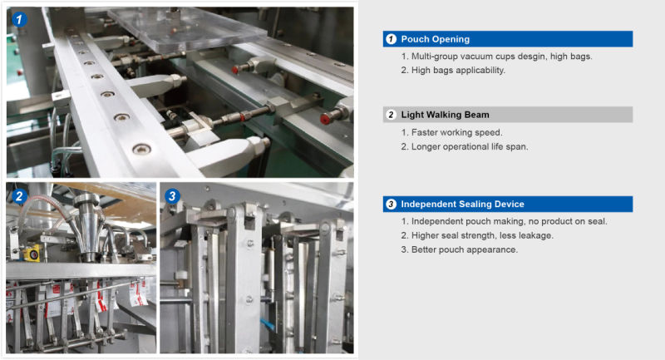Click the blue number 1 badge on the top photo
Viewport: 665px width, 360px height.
(x=19, y=19)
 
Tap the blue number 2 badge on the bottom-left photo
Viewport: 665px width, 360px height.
(x=19, y=196)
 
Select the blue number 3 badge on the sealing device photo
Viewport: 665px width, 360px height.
(x=172, y=196)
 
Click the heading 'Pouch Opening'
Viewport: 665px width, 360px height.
(x=435, y=39)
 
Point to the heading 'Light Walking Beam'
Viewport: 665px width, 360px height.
(x=445, y=115)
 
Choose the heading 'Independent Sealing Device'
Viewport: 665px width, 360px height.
(x=462, y=204)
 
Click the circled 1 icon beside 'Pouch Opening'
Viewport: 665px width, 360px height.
(x=391, y=39)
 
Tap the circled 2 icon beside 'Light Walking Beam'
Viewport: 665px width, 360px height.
(x=391, y=115)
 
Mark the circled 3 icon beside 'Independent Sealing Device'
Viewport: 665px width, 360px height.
(x=391, y=204)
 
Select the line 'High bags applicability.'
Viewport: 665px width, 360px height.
(x=453, y=71)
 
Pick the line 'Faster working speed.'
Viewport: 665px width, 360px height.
(x=451, y=132)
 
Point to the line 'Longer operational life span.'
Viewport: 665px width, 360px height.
(x=465, y=146)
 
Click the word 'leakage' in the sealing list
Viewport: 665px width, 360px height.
(x=537, y=236)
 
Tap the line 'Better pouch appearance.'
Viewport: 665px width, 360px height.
(x=460, y=249)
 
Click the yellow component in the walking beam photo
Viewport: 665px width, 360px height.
(x=32, y=253)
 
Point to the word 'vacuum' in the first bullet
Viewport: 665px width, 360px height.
(x=475, y=57)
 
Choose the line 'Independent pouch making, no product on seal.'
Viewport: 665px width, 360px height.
(x=504, y=221)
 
